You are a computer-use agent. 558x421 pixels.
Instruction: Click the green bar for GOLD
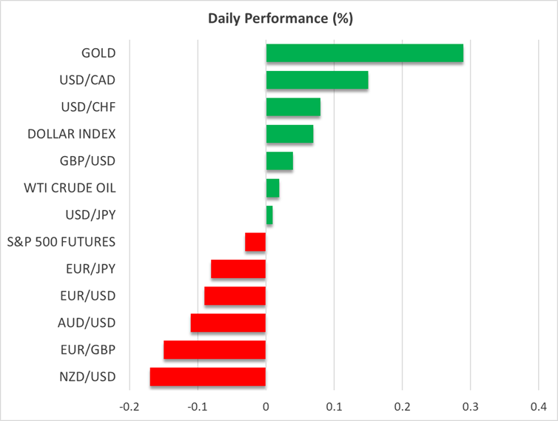click(x=364, y=53)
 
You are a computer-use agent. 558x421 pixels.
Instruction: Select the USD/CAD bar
click(x=317, y=80)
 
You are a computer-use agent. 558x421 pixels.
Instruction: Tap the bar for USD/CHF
click(x=293, y=107)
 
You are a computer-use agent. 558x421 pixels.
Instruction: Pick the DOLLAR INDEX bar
click(x=289, y=134)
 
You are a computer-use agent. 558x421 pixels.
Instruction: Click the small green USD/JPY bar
click(x=269, y=215)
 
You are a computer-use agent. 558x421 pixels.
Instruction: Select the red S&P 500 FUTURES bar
click(x=255, y=242)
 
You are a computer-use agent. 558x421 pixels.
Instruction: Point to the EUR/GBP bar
click(x=215, y=350)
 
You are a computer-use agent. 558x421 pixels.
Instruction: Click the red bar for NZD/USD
click(x=208, y=377)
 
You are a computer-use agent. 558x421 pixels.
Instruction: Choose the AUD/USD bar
click(x=228, y=323)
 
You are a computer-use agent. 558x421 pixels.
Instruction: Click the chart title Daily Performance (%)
click(x=279, y=18)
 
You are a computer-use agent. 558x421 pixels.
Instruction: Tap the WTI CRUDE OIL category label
click(x=70, y=188)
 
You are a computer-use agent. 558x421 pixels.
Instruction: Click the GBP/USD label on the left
click(x=87, y=161)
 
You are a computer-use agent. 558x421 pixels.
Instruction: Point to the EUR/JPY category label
click(x=89, y=269)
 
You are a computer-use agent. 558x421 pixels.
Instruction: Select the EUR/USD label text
click(x=88, y=296)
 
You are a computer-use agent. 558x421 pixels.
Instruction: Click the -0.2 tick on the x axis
click(x=129, y=407)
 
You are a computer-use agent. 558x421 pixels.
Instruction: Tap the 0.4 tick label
click(x=538, y=407)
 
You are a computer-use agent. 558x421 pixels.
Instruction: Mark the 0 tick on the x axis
click(x=266, y=407)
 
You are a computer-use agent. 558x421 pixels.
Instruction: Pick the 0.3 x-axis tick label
click(x=470, y=407)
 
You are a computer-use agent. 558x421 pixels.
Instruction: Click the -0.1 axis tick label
click(x=197, y=407)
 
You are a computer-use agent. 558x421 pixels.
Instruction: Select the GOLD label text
click(x=99, y=53)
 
